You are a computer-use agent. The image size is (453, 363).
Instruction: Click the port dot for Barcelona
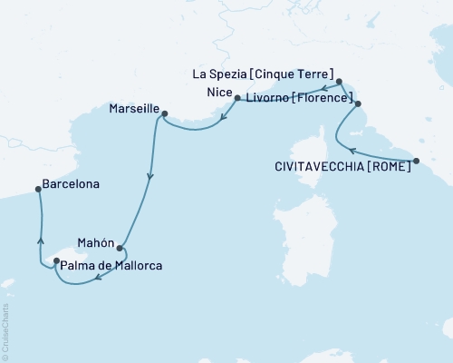38,189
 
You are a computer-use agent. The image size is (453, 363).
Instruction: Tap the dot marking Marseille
165,113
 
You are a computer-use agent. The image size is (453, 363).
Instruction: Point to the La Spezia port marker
339,81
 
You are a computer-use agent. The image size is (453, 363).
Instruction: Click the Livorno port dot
358,104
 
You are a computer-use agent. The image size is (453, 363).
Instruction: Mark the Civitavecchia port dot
416,162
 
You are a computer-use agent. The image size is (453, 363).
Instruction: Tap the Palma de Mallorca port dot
57,261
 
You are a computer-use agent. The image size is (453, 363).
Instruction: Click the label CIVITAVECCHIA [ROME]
341,166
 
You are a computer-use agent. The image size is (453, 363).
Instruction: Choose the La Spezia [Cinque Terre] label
263,74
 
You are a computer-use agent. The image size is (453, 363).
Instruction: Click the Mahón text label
95,242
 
